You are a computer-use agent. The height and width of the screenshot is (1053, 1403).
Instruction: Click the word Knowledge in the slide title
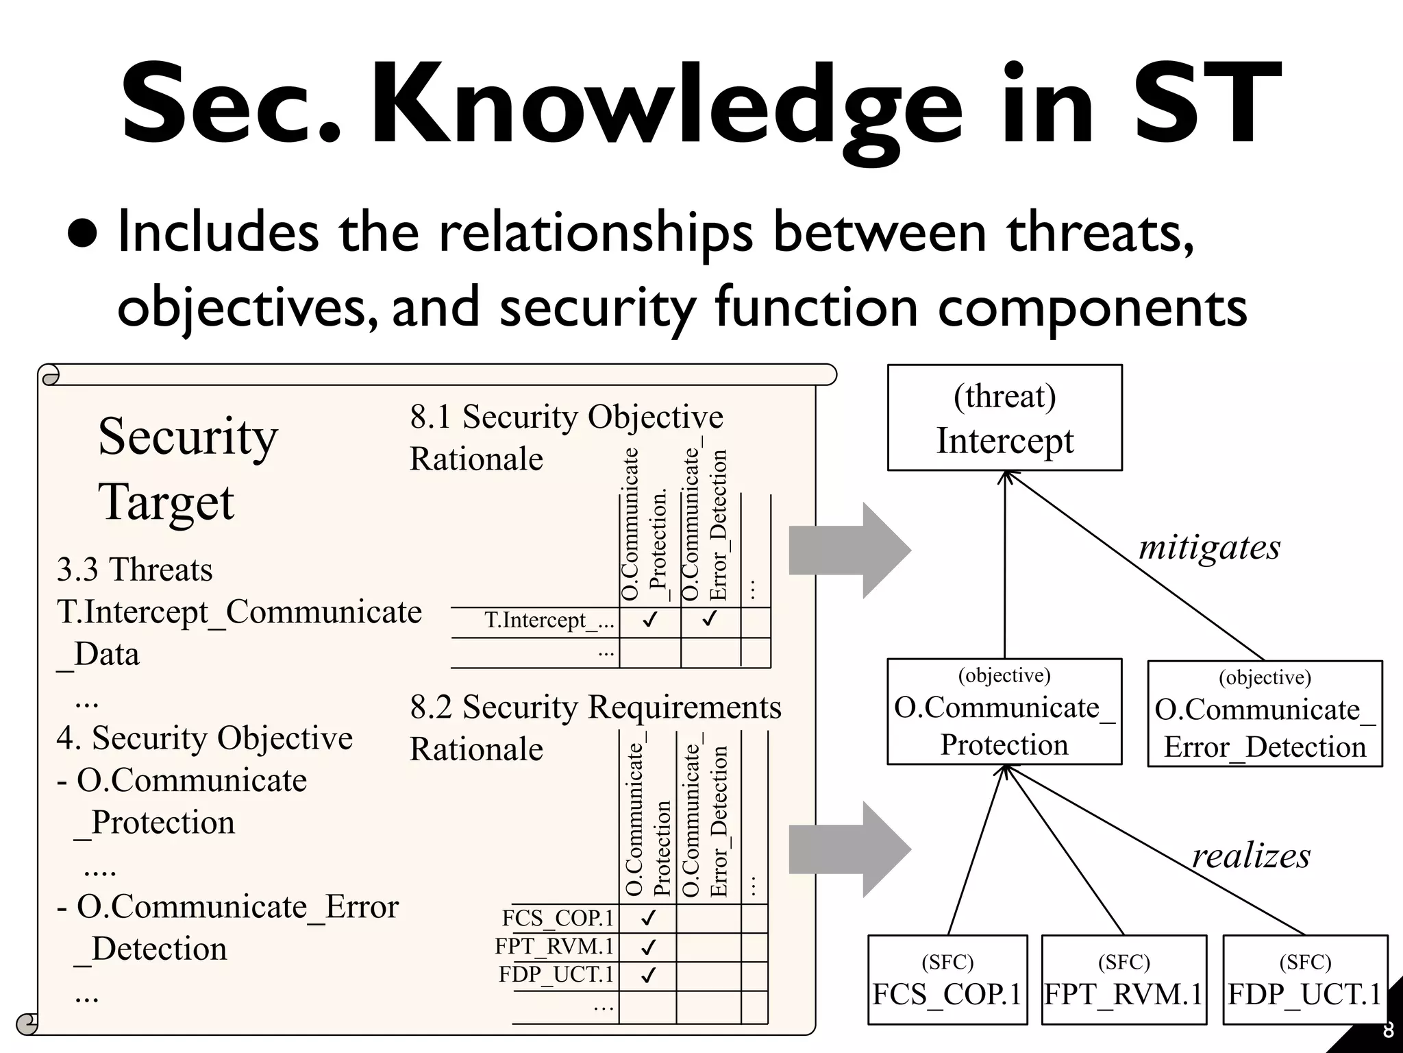(668, 106)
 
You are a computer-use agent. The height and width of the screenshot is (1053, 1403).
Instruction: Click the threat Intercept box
(1004, 417)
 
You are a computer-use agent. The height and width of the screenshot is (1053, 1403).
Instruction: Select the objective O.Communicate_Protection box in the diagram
(1004, 712)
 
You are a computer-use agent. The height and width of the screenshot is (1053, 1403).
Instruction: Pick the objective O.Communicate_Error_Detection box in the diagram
(1265, 714)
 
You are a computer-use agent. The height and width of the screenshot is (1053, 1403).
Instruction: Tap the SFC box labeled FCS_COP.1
(947, 980)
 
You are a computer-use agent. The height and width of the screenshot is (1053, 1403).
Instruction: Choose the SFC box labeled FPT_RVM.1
(1123, 980)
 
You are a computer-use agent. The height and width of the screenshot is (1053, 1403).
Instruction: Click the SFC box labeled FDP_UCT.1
(1304, 980)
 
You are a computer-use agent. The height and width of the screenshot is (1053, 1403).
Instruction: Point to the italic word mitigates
(1209, 547)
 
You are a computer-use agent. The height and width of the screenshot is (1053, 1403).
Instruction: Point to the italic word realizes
(1251, 856)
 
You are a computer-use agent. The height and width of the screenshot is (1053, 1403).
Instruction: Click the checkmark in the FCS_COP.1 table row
(647, 917)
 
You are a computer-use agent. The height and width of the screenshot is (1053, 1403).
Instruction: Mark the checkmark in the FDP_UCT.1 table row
(647, 975)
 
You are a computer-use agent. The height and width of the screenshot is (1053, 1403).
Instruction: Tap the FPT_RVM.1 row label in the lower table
(555, 946)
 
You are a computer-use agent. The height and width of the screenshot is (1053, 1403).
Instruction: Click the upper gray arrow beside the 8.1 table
(849, 550)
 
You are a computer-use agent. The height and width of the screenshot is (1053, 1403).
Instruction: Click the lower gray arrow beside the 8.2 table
(849, 849)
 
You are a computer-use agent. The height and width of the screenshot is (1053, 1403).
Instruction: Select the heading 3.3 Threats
(134, 570)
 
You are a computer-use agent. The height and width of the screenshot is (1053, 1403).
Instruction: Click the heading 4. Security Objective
(204, 738)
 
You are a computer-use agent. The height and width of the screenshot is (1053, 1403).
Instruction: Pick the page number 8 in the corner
(1388, 1030)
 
